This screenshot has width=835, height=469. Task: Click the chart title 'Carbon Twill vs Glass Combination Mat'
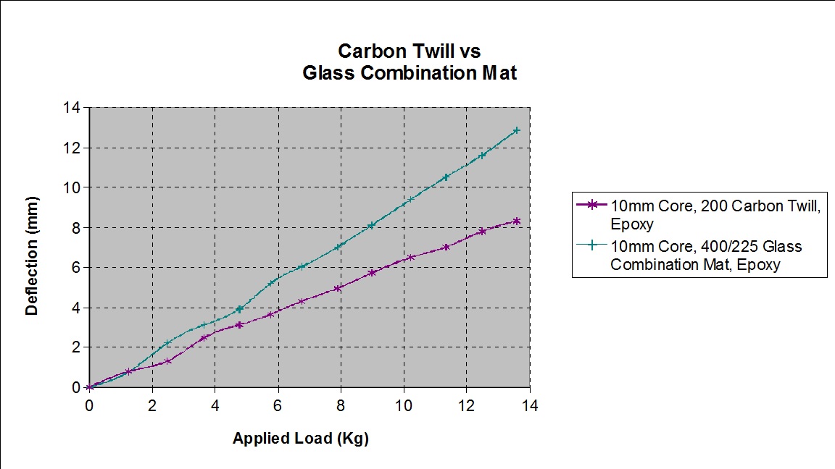(x=410, y=62)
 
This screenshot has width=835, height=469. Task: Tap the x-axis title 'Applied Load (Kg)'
(x=300, y=439)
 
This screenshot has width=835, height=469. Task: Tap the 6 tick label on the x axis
(x=278, y=405)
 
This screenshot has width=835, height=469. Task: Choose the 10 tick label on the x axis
(x=404, y=405)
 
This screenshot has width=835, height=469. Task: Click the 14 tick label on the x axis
(x=530, y=405)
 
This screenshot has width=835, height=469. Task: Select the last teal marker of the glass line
(x=517, y=130)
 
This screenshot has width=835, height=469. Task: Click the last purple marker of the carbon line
(x=517, y=221)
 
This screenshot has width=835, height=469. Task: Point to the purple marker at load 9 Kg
(x=372, y=273)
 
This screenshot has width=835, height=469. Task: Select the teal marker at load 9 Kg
(x=372, y=225)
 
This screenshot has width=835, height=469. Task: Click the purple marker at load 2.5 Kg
(x=168, y=360)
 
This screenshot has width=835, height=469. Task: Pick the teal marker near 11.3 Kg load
(x=446, y=177)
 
